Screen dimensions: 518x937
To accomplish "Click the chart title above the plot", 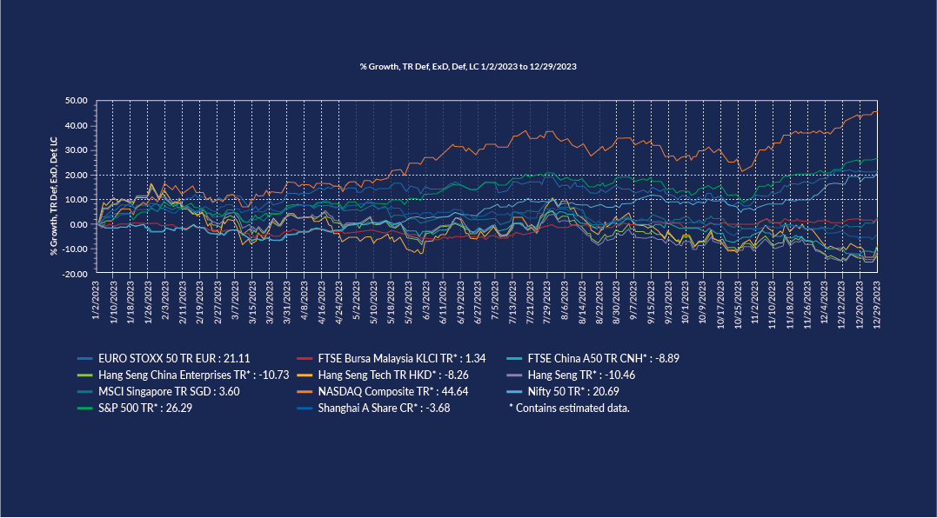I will [468, 66].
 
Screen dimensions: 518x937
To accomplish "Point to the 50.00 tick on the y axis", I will [77, 101].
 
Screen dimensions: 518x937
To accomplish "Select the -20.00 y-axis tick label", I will [77, 274].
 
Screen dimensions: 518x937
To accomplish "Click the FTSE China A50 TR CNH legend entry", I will [592, 358].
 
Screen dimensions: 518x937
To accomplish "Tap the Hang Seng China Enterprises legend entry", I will [170, 375].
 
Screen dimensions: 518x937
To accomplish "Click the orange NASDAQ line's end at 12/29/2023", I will [875, 111].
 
